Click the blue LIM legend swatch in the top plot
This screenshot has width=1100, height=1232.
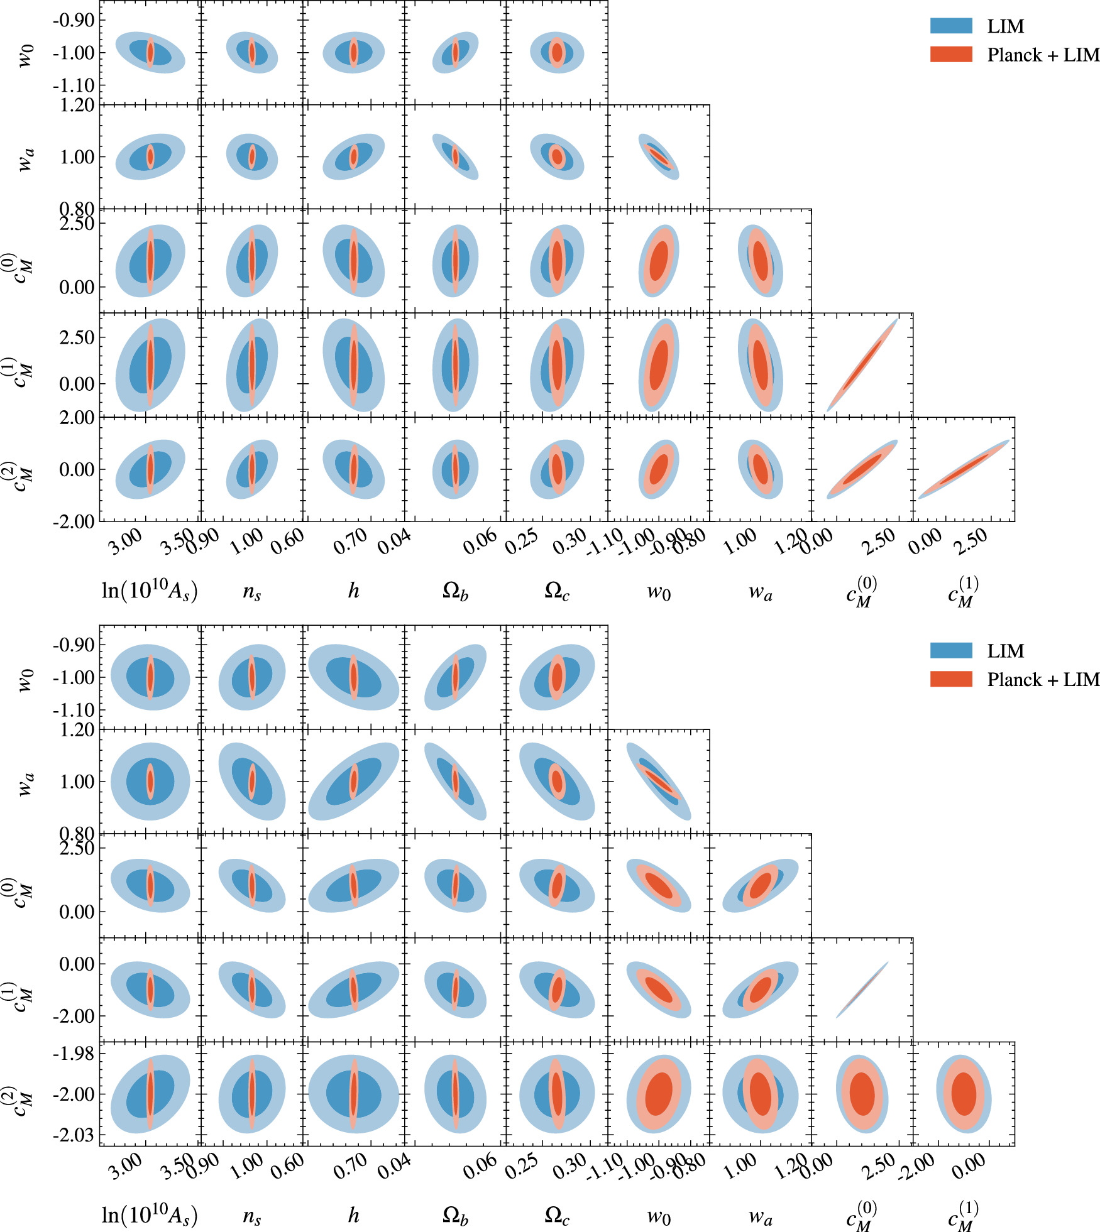click(x=951, y=26)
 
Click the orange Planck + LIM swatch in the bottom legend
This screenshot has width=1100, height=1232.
click(x=951, y=679)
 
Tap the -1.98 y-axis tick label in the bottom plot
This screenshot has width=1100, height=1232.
click(x=73, y=1054)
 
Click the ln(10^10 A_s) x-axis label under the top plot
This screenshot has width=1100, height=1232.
click(x=150, y=591)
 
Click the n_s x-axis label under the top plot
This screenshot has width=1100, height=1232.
click(x=251, y=591)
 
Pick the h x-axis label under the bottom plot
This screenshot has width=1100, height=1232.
click(x=354, y=1216)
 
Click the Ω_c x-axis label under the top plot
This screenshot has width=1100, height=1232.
click(x=557, y=591)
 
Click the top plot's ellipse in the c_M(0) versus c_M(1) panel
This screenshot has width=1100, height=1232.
click(x=862, y=365)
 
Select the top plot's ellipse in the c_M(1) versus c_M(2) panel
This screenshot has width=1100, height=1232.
click(x=964, y=469)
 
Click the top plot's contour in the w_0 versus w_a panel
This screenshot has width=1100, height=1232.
click(x=659, y=156)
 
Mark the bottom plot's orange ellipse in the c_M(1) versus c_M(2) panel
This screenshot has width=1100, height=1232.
click(x=964, y=1094)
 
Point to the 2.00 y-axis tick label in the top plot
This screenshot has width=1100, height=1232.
click(x=77, y=418)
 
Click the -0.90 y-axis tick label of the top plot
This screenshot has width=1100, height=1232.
click(x=74, y=21)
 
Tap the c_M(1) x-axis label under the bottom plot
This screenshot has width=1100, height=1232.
click(x=964, y=1216)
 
